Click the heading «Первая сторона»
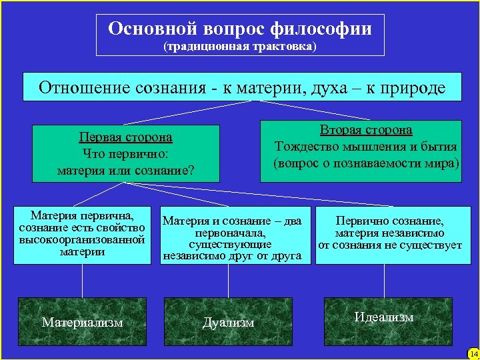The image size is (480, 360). (x=125, y=137)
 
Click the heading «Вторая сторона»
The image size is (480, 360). (x=366, y=130)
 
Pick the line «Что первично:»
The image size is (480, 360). (x=125, y=153)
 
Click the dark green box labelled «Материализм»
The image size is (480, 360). (x=83, y=322)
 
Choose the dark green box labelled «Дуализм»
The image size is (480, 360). (x=229, y=322)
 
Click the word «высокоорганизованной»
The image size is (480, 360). (x=83, y=239)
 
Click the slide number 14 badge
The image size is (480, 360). (x=473, y=353)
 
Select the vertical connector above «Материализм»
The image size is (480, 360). (x=83, y=280)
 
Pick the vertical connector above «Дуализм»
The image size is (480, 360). (x=229, y=280)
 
